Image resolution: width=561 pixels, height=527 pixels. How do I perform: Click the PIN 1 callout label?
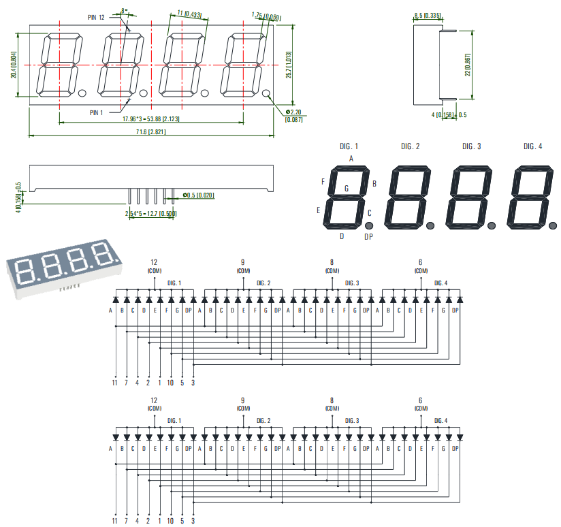point(96,112)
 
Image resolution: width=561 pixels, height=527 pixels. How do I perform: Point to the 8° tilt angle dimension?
point(123,11)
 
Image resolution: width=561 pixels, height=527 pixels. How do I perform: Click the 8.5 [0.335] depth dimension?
point(427,15)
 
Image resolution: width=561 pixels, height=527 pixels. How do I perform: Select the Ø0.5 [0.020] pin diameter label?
point(197,195)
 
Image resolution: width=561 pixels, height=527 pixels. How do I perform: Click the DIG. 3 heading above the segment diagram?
point(471,146)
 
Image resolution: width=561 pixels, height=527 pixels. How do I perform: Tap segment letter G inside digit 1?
point(347,188)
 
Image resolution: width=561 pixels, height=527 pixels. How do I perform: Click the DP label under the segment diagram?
point(368,237)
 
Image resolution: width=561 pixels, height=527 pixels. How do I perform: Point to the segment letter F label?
point(323,182)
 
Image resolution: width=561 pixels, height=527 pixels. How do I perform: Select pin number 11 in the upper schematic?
point(115,383)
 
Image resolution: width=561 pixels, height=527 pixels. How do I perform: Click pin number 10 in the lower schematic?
point(170,520)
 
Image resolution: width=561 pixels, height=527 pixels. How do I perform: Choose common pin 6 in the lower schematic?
point(420,400)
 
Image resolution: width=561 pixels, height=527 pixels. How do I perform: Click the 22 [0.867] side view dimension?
point(468,65)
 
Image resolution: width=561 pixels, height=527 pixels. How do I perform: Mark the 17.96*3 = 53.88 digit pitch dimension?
point(151,118)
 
